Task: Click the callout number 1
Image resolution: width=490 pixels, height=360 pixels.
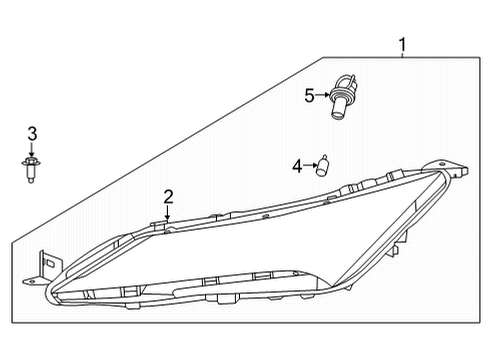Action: [402, 44]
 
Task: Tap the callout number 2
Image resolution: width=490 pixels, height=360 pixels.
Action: [169, 196]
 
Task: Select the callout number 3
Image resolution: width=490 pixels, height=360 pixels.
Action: [32, 134]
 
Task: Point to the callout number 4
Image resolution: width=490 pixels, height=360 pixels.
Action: [297, 165]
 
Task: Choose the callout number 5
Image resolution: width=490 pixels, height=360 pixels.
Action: [310, 96]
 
